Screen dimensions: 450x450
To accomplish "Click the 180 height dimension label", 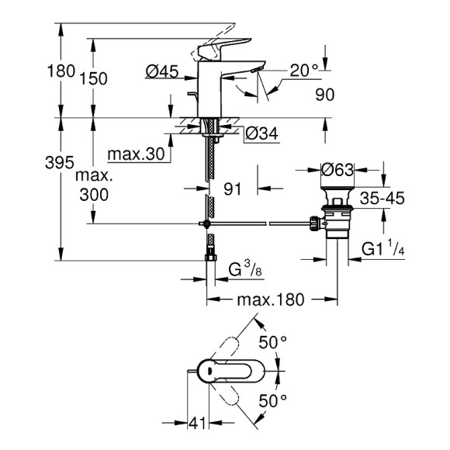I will [x=61, y=71].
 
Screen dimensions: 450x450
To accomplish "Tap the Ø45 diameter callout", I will [x=162, y=71].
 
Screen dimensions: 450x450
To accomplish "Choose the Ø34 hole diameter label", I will [x=261, y=133].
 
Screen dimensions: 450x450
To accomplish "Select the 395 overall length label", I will [x=60, y=163].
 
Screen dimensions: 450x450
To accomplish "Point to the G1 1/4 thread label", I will [x=388, y=249].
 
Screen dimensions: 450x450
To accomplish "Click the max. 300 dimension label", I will [x=94, y=186].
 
